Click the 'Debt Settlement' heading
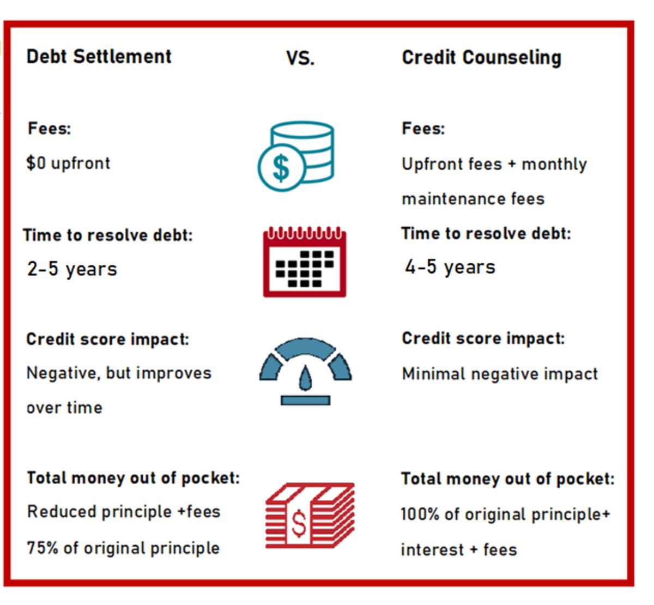click(x=99, y=56)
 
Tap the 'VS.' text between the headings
click(x=300, y=58)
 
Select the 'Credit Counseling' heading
click(x=481, y=58)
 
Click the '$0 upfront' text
click(x=68, y=163)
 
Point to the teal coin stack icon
click(x=296, y=156)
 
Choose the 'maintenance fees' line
click(x=473, y=199)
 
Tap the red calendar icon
click(x=304, y=262)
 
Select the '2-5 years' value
click(x=72, y=269)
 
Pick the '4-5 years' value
click(x=450, y=267)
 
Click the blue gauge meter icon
click(x=305, y=371)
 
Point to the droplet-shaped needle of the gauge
click(x=305, y=377)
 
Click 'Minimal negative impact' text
click(x=500, y=374)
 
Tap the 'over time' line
click(x=64, y=408)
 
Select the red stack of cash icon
click(x=309, y=515)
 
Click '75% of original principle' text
click(x=123, y=548)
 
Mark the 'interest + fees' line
click(x=458, y=549)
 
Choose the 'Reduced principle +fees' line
click(x=124, y=512)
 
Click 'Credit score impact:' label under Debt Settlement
click(x=107, y=339)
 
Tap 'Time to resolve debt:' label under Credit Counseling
click(x=486, y=233)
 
